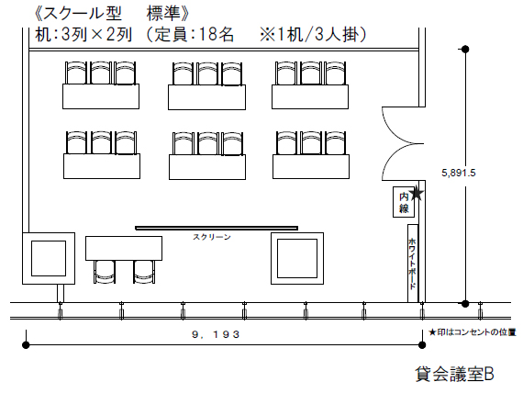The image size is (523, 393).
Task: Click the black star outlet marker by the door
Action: [x=417, y=194]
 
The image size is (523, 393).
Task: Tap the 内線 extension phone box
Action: [x=404, y=202]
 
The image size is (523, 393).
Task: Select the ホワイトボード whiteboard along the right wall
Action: [x=413, y=264]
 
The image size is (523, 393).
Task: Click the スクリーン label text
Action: [x=212, y=237]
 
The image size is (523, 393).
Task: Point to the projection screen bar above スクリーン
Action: [x=217, y=228]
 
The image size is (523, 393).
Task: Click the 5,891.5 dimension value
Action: [x=458, y=173]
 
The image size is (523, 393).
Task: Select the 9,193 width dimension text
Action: [x=217, y=334]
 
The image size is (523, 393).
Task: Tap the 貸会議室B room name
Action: [x=454, y=374]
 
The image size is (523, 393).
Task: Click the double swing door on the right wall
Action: [x=403, y=143]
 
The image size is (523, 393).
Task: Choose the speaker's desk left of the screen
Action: [x=124, y=249]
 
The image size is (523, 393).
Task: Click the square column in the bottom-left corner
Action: [x=49, y=258]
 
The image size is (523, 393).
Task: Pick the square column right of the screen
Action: [x=297, y=258]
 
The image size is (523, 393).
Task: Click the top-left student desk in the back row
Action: [x=101, y=96]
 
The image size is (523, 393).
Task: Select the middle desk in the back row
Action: [x=206, y=97]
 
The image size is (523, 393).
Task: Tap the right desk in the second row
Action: [x=311, y=166]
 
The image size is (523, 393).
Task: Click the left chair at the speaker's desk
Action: [x=105, y=272]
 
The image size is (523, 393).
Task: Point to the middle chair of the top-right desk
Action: [x=310, y=73]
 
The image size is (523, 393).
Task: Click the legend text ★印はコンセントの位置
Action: [x=473, y=332]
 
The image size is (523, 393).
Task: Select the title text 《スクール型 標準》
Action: [x=112, y=14]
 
